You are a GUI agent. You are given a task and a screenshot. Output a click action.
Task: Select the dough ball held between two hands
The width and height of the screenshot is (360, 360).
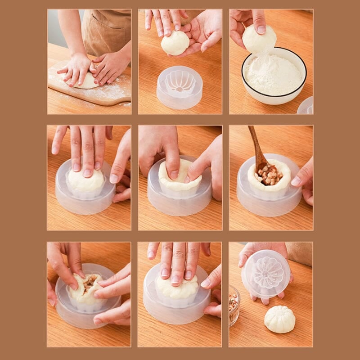[x=175, y=43]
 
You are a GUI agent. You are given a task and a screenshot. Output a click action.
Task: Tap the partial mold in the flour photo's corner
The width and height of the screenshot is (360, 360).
[x=306, y=106]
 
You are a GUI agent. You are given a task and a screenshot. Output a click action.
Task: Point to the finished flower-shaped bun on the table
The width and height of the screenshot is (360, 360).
[x=279, y=319]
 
